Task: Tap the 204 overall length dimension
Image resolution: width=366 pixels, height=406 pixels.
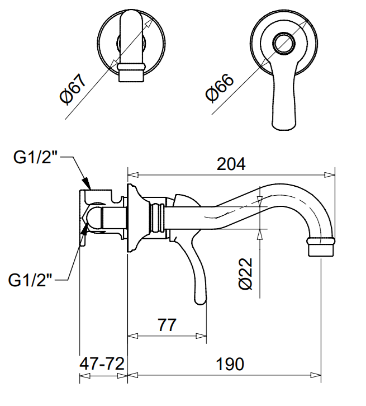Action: pos(231,164)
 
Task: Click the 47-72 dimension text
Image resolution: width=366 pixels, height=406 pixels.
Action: pos(102,364)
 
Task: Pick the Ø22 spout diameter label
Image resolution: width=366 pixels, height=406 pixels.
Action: pos(246,273)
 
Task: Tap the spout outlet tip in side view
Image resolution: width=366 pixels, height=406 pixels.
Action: pos(322,248)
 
